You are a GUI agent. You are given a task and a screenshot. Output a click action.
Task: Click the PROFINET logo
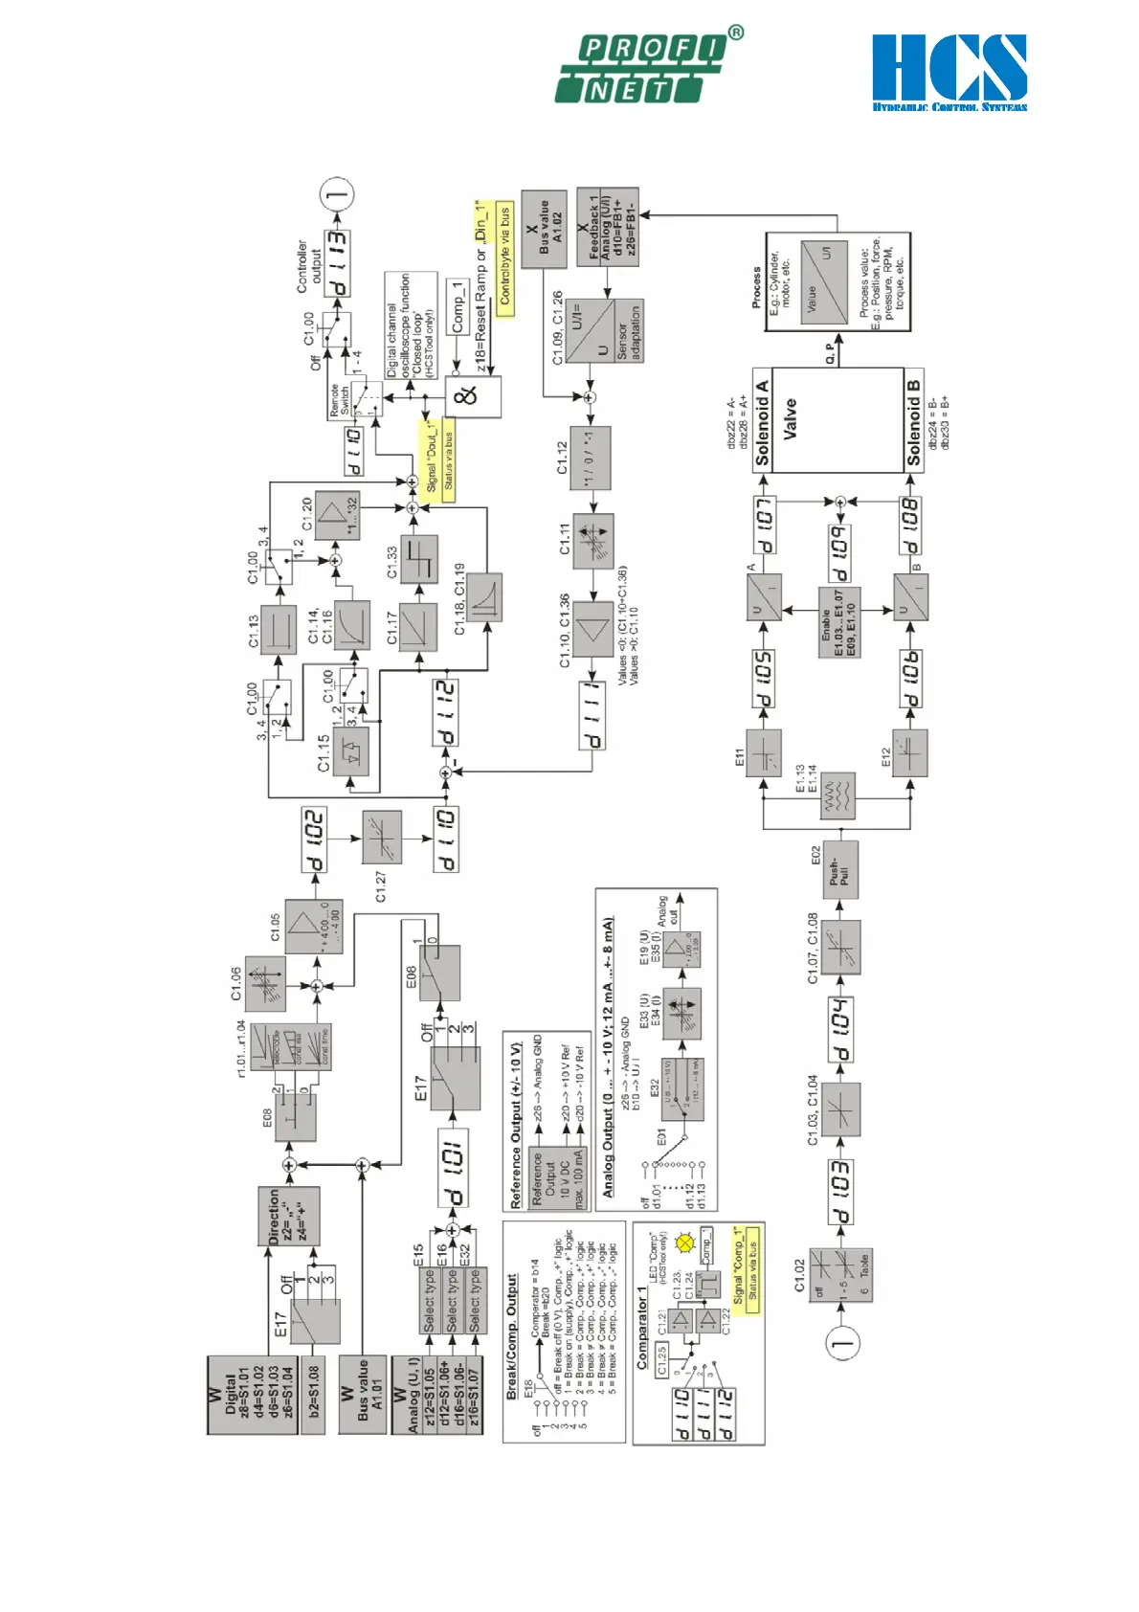tap(647, 68)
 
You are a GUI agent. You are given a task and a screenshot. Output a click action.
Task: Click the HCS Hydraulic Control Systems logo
tap(949, 72)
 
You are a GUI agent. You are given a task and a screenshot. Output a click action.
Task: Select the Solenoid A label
tap(762, 421)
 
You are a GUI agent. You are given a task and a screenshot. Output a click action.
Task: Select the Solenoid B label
tap(913, 422)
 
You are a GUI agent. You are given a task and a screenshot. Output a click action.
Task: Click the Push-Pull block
tap(839, 870)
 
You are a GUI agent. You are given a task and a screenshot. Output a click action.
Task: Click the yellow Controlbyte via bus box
tap(504, 254)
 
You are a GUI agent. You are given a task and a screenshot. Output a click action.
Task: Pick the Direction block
tap(288, 1216)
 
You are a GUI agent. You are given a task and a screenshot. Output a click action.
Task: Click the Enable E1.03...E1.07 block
tap(839, 621)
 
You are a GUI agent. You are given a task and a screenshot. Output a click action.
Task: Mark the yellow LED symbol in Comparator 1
tap(684, 1243)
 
